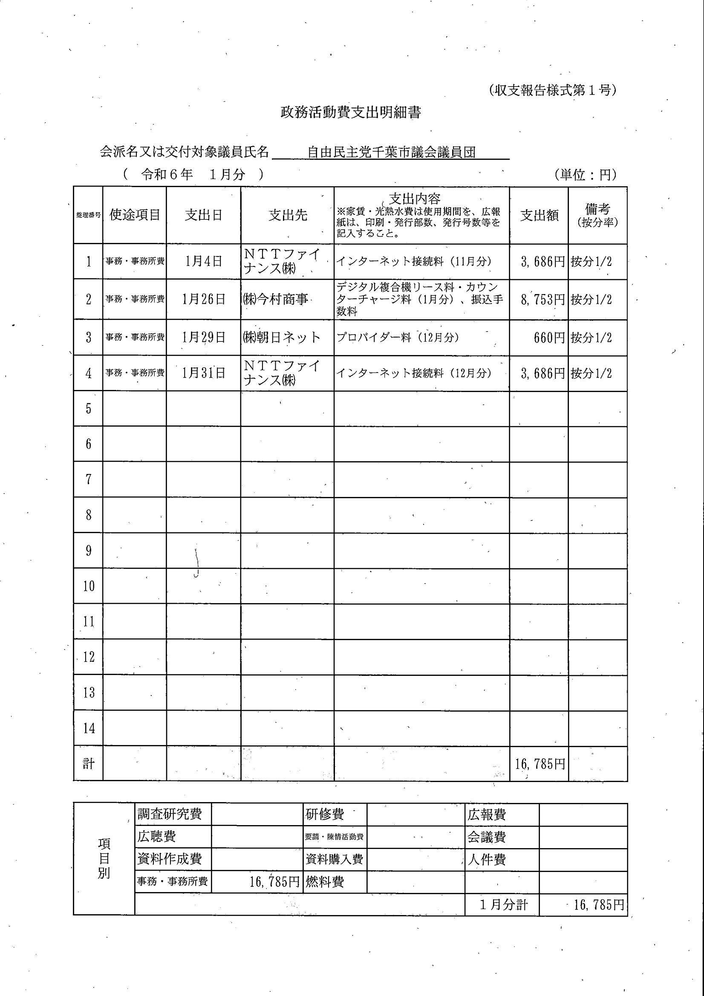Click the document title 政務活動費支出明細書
click(350, 113)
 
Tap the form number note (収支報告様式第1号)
click(553, 90)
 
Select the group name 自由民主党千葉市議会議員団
click(391, 152)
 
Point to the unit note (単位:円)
click(585, 174)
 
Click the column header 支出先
click(288, 215)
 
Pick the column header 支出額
click(539, 216)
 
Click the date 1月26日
click(203, 299)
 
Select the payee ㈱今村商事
click(276, 299)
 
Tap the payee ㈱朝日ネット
click(282, 338)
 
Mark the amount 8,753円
click(542, 299)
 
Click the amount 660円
click(549, 338)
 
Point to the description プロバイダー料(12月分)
click(397, 338)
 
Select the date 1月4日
click(203, 261)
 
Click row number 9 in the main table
click(89, 551)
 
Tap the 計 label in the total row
click(89, 763)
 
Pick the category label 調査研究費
click(170, 814)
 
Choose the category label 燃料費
click(324, 881)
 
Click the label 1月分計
click(503, 905)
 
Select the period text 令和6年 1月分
click(193, 174)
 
